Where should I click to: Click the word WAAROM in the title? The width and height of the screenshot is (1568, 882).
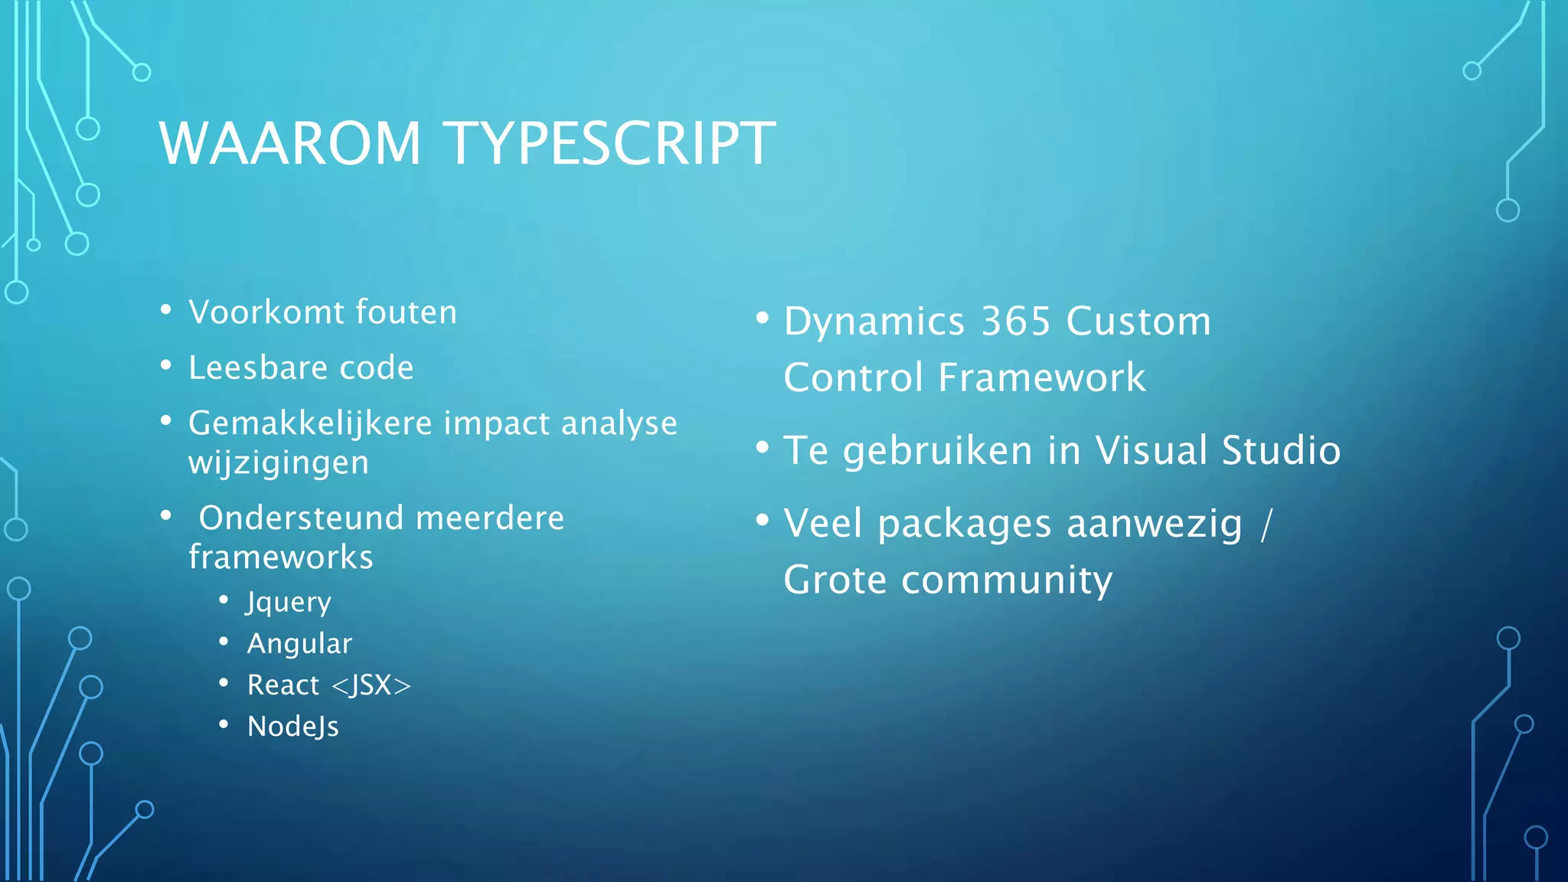(x=289, y=143)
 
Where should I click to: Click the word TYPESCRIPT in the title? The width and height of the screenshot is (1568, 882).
(x=609, y=143)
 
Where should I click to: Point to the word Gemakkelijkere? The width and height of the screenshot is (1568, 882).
(x=310, y=423)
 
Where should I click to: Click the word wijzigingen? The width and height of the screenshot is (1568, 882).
(x=279, y=462)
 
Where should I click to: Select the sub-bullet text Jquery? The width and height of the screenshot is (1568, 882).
(x=289, y=603)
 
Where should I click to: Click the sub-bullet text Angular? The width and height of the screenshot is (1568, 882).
(x=299, y=644)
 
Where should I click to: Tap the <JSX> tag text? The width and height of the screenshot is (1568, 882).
(x=371, y=685)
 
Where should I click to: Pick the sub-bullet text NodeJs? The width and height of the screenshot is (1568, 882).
(x=292, y=727)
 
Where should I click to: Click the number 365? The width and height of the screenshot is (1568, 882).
(x=1015, y=322)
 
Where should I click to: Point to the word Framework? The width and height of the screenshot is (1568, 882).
(x=1042, y=377)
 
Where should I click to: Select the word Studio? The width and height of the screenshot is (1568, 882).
(x=1281, y=450)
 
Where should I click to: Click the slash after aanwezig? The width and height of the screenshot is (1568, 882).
(x=1266, y=524)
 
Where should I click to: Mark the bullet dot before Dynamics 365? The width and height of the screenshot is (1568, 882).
(x=762, y=317)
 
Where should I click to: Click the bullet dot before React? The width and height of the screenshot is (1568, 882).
(x=224, y=681)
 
